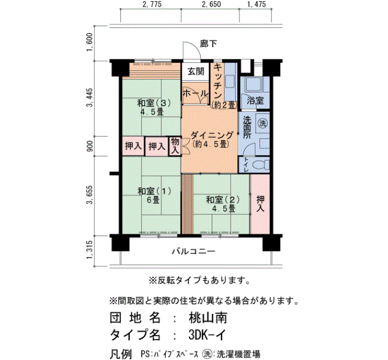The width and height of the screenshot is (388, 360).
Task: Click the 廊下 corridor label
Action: pyautogui.click(x=208, y=44)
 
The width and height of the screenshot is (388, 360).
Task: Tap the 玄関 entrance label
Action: pyautogui.click(x=195, y=71)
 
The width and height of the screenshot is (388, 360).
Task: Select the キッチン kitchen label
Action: pyautogui.click(x=217, y=83)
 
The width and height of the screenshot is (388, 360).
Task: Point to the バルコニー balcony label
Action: pyautogui.click(x=192, y=251)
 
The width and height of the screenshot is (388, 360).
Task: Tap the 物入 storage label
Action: pyautogui.click(x=175, y=146)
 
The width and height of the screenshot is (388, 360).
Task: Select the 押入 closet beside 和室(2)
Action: pyautogui.click(x=260, y=203)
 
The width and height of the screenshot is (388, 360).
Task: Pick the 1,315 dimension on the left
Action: pyautogui.click(x=90, y=252)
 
